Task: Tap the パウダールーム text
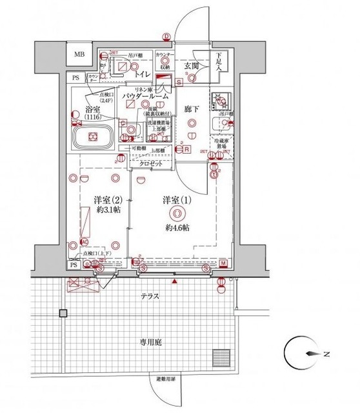coord(148,96)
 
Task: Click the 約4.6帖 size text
coord(175,228)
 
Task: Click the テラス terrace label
coord(152,296)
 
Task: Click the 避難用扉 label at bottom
coord(166,379)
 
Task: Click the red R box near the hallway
coord(186,150)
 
